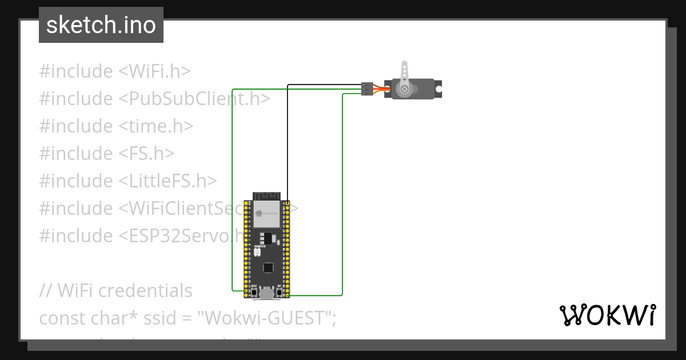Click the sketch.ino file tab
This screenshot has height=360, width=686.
click(x=101, y=25)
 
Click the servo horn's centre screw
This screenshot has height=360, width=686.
click(x=405, y=89)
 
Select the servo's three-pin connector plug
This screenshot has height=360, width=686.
click(x=367, y=89)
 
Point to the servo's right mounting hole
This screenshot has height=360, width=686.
click(x=438, y=89)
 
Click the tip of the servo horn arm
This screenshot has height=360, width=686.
click(x=405, y=65)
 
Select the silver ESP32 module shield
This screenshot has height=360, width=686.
click(x=267, y=215)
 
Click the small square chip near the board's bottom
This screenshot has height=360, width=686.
click(x=268, y=267)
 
